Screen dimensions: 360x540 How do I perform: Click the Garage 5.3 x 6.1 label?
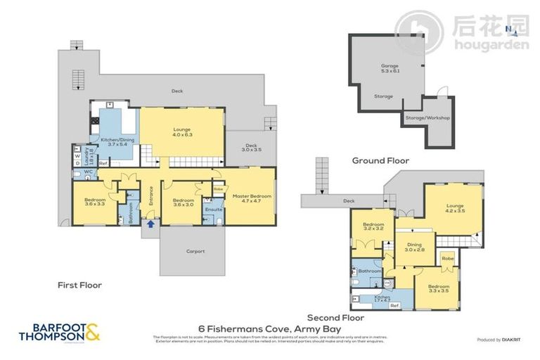(x=385, y=69)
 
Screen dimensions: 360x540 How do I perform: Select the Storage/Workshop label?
(x=427, y=118)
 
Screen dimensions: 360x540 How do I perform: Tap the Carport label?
(x=195, y=251)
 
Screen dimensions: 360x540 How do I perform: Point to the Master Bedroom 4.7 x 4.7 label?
(x=251, y=198)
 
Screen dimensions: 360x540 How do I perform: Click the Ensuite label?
(x=213, y=209)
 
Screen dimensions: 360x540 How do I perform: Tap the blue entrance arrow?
(x=149, y=224)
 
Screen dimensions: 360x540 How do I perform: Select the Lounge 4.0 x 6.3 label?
(x=183, y=131)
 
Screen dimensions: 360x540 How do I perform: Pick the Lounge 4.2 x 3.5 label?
(x=455, y=207)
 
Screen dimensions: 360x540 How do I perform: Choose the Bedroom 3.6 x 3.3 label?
(x=95, y=202)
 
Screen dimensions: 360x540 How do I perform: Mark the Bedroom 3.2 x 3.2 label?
(x=373, y=226)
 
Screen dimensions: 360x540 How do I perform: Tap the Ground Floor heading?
(x=380, y=160)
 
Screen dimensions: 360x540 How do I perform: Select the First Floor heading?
(x=79, y=285)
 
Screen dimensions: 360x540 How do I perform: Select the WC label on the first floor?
(x=89, y=171)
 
